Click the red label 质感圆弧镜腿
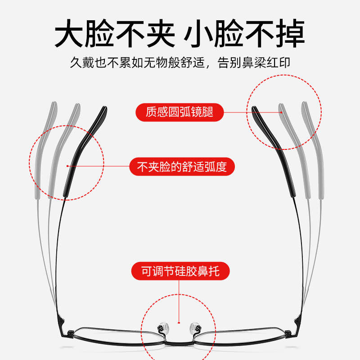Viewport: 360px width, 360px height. point(180,112)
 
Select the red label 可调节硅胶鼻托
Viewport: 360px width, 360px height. point(180,271)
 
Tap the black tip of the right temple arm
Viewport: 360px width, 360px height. point(255,111)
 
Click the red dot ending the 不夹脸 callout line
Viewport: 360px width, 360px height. point(67,166)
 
